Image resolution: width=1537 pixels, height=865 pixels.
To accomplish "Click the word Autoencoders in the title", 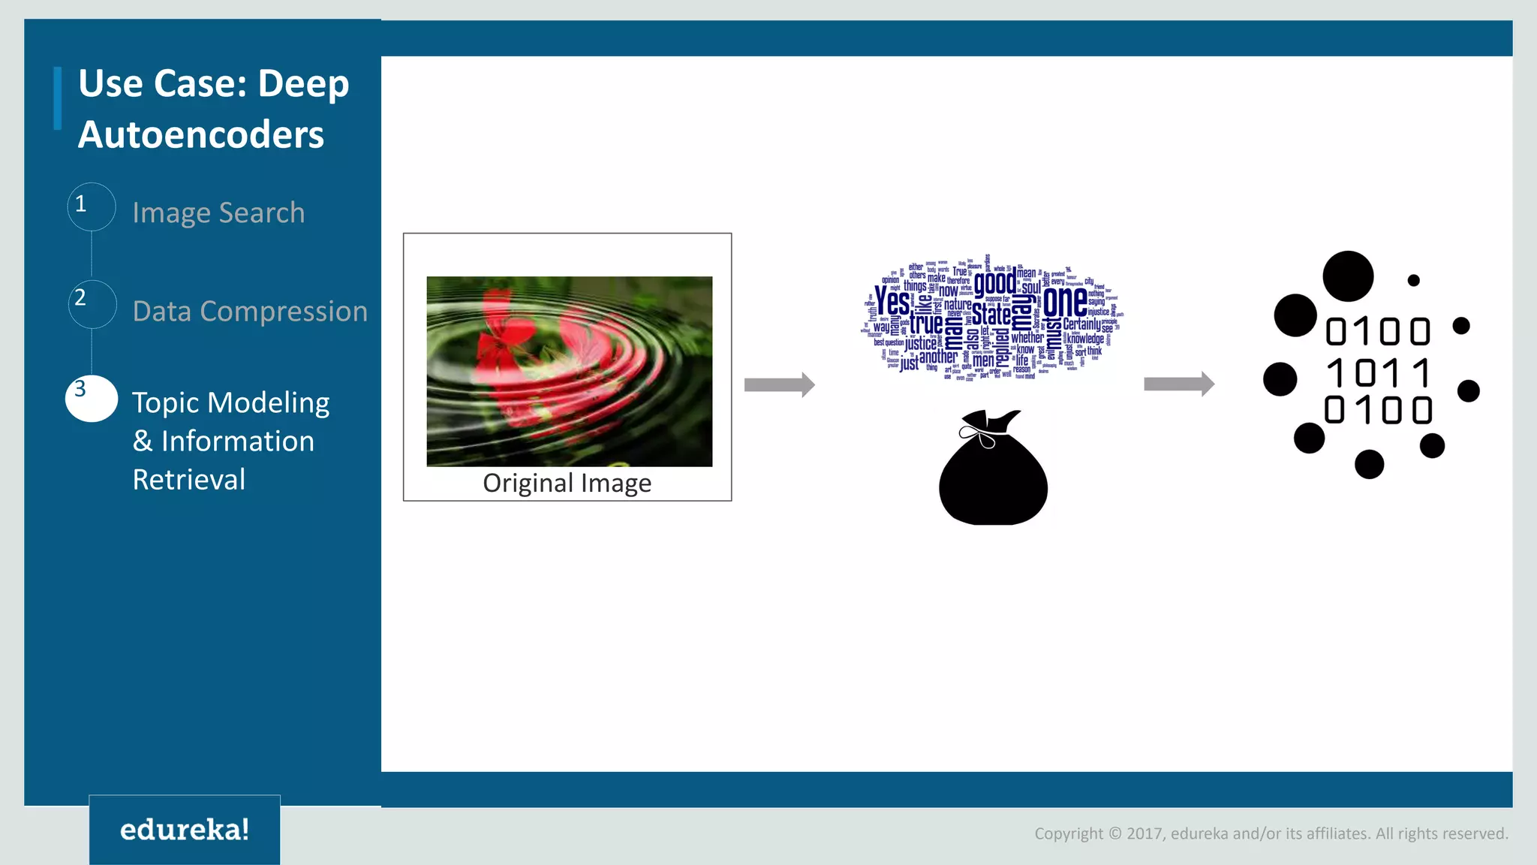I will click(201, 135).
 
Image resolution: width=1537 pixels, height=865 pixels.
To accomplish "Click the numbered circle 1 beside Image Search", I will click(92, 206).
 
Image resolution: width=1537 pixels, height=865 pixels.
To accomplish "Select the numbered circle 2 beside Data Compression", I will click(92, 303).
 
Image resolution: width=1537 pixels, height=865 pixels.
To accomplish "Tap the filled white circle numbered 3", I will click(92, 398).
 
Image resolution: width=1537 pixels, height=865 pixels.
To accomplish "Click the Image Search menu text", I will click(218, 213).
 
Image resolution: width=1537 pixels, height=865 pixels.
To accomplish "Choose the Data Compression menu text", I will click(250, 311).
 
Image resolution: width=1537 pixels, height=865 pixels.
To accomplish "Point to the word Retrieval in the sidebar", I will click(189, 480).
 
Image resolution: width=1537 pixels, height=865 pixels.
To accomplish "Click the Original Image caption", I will click(567, 483).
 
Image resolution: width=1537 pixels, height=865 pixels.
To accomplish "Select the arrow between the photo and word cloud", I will click(779, 384).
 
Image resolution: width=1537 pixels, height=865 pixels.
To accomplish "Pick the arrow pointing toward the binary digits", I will click(1178, 384).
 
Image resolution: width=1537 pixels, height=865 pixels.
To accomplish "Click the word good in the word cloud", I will click(995, 282).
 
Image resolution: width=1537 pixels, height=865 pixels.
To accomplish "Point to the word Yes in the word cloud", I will click(892, 302).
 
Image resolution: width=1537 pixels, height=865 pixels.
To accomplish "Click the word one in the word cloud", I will click(1065, 301).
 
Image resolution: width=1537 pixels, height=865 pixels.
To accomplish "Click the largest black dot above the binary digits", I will click(1348, 276).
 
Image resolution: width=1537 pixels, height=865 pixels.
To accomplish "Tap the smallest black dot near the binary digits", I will click(1413, 280).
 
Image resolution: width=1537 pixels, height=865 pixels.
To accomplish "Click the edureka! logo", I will click(185, 830).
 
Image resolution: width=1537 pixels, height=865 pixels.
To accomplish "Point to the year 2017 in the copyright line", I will click(1144, 833).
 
